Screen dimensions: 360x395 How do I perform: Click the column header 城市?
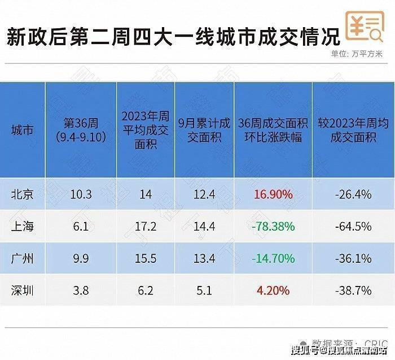(x=22, y=131)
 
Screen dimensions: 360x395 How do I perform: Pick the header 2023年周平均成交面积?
(x=145, y=131)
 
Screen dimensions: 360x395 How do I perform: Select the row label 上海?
(x=22, y=227)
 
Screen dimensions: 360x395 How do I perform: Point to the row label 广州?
(x=22, y=259)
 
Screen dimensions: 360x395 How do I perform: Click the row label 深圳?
(x=22, y=290)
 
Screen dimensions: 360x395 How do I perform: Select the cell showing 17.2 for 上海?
(x=145, y=227)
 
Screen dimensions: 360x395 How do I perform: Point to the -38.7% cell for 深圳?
(x=352, y=290)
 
